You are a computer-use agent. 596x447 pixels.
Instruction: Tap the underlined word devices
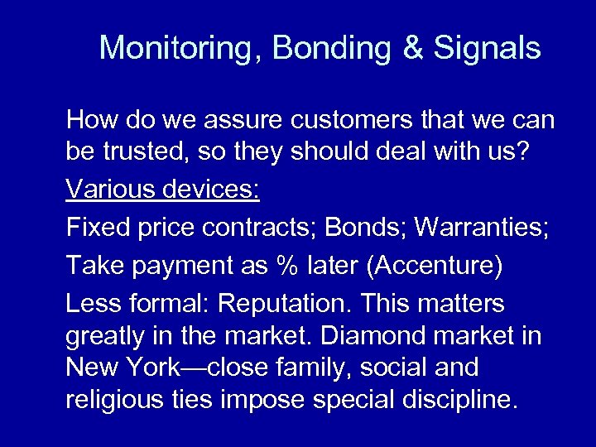coord(213,190)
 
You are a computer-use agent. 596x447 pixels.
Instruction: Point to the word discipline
coord(459,400)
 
